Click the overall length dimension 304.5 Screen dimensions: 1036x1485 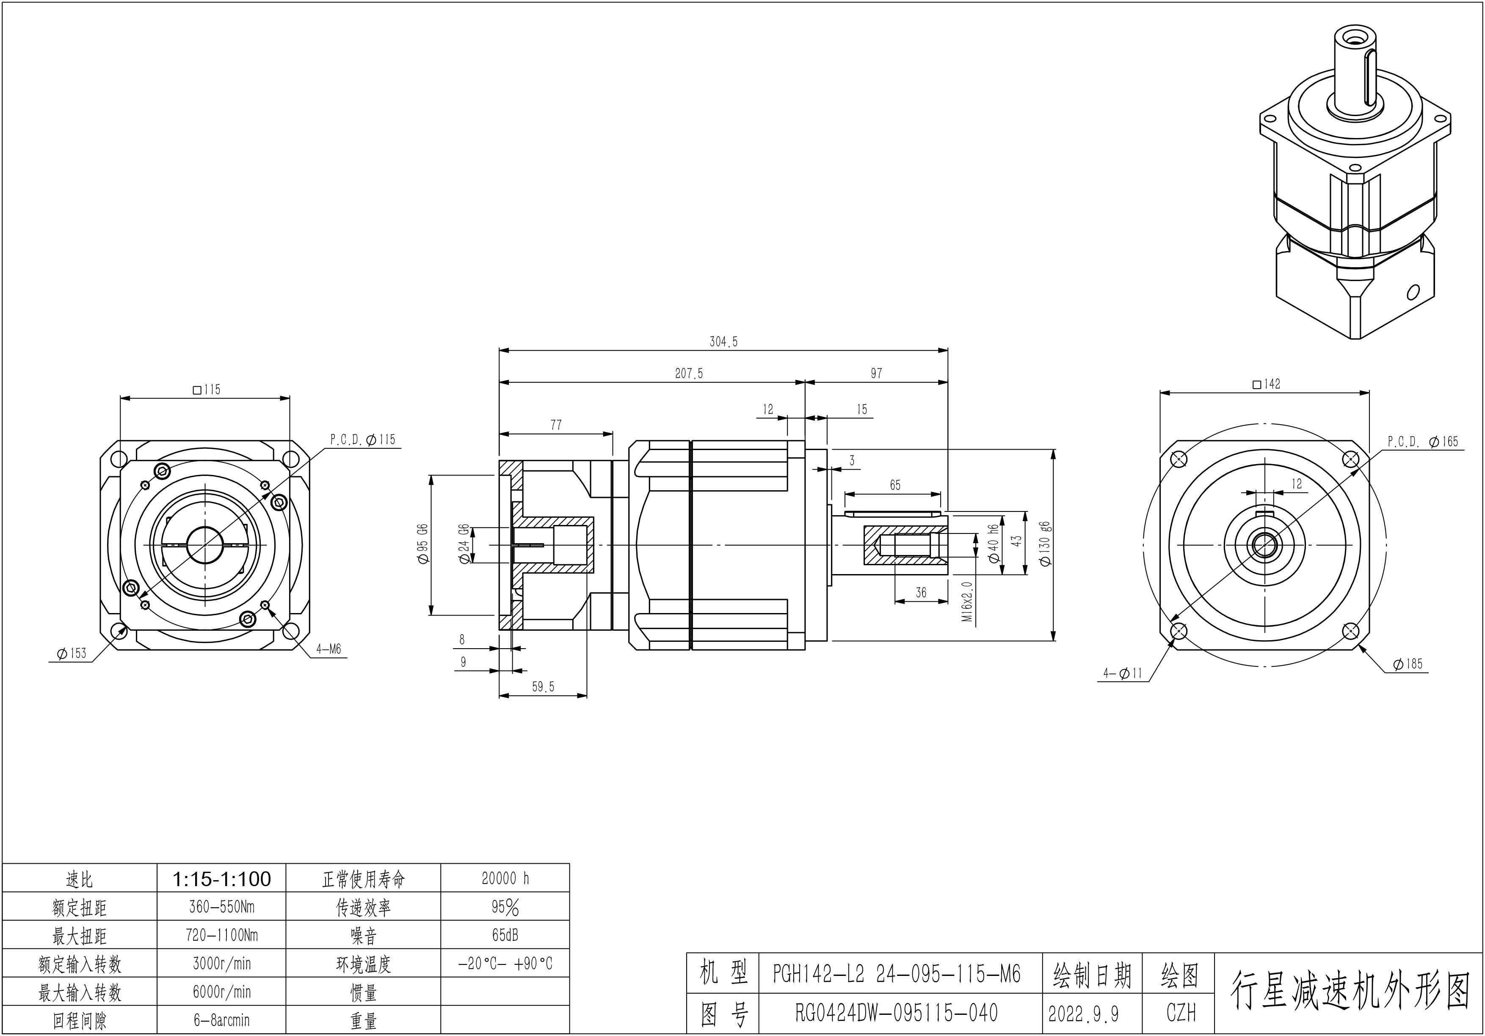click(723, 342)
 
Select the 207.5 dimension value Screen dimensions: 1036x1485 click(688, 374)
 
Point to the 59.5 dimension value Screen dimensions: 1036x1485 click(543, 687)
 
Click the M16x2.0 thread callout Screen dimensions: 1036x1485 click(967, 602)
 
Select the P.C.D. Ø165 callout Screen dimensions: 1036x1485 click(1423, 442)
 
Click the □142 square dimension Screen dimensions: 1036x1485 click(1267, 384)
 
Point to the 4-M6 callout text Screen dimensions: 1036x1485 click(328, 649)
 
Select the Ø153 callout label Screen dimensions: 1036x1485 click(71, 653)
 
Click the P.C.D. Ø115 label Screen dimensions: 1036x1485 click(362, 440)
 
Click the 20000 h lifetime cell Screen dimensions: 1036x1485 click(505, 878)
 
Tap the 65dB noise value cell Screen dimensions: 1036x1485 click(505, 935)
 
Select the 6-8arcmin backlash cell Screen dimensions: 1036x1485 click(221, 1020)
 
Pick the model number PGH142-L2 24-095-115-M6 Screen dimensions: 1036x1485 click(897, 974)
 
